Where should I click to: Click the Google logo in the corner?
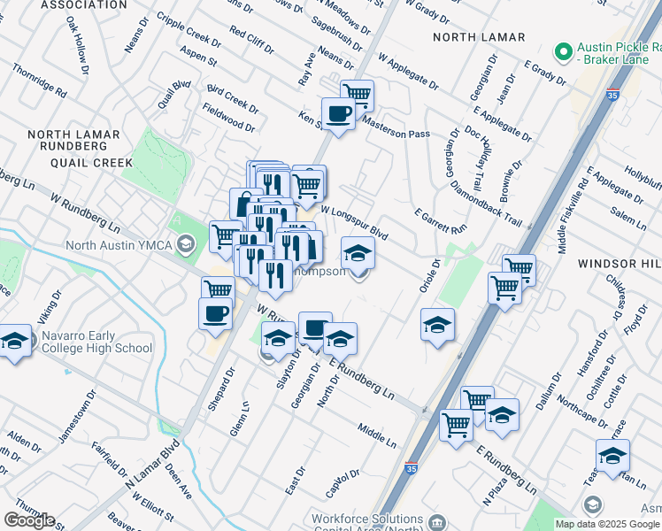[28, 520]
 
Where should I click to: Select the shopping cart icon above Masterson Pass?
[358, 93]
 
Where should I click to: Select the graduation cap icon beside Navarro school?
[15, 341]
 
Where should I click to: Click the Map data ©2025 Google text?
[608, 524]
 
